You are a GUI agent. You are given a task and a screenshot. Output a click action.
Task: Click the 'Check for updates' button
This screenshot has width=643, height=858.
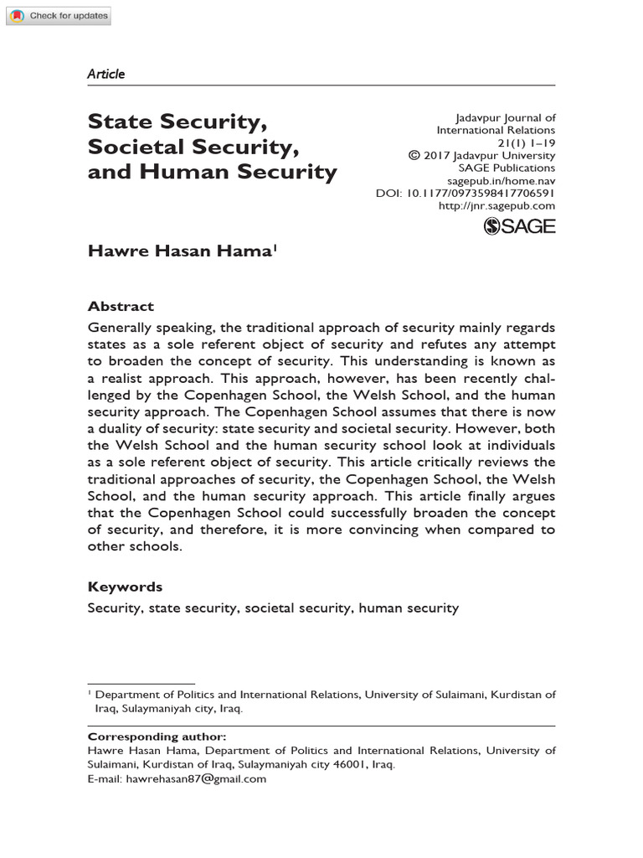(x=58, y=16)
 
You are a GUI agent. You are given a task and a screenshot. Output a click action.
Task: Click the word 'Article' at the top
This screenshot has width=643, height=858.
(x=105, y=74)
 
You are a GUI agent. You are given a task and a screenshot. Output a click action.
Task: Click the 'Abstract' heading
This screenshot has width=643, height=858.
(x=121, y=307)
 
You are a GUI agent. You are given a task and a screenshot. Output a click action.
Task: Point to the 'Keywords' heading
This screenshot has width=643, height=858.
(x=125, y=587)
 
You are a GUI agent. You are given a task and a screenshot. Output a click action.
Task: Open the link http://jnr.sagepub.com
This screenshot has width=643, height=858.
(x=496, y=205)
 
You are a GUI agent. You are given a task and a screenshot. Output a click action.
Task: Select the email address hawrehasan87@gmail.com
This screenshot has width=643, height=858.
(x=195, y=778)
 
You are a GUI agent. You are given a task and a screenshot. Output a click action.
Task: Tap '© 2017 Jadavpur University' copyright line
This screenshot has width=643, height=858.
(x=481, y=155)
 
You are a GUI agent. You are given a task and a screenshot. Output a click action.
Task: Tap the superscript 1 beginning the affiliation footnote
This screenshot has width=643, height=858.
(x=90, y=693)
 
